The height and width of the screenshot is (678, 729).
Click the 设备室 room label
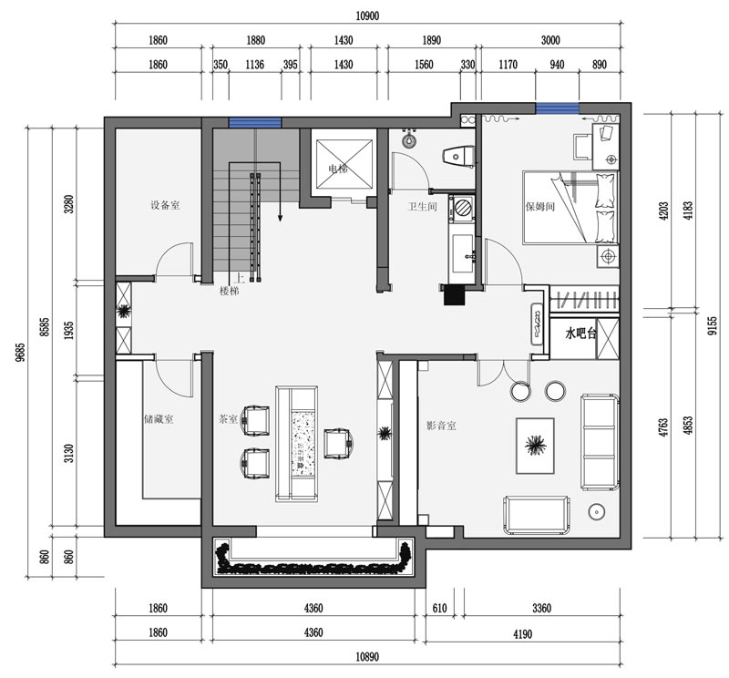pyautogui.click(x=165, y=205)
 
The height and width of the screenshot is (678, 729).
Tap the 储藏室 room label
pyautogui.click(x=159, y=419)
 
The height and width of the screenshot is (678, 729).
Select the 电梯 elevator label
pyautogui.click(x=337, y=169)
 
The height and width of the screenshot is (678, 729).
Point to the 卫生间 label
pyautogui.click(x=423, y=207)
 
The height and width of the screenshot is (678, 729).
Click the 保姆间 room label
pyautogui.click(x=540, y=206)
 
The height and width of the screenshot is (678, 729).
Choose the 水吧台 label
pyautogui.click(x=580, y=333)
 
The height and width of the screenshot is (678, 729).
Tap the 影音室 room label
pyautogui.click(x=441, y=425)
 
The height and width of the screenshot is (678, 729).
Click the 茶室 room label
pyautogui.click(x=228, y=419)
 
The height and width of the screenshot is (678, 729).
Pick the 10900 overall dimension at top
pyautogui.click(x=367, y=15)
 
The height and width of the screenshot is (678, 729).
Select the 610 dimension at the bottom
pyautogui.click(x=439, y=608)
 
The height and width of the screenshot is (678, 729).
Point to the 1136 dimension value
pyautogui.click(x=255, y=64)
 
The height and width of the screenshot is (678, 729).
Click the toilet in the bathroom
pyautogui.click(x=458, y=156)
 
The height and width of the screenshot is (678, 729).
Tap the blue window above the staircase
pyautogui.click(x=255, y=123)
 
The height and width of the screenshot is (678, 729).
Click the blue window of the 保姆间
pyautogui.click(x=558, y=108)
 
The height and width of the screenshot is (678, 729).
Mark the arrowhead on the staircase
pyautogui.click(x=280, y=217)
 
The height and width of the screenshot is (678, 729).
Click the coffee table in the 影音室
pyautogui.click(x=536, y=446)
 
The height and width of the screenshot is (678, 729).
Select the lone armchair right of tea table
pyautogui.click(x=339, y=443)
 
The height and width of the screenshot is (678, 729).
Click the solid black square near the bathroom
pyautogui.click(x=454, y=295)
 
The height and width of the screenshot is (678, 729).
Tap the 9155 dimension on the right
pyautogui.click(x=714, y=325)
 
